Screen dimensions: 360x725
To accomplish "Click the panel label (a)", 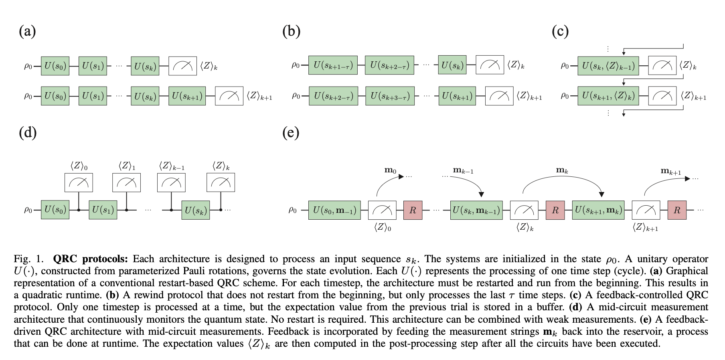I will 27,31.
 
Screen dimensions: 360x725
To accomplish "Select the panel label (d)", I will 28,132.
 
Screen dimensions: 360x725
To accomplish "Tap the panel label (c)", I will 560,31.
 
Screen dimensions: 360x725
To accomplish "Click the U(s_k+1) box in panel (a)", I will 187,96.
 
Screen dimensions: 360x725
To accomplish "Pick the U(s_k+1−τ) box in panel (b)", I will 333,65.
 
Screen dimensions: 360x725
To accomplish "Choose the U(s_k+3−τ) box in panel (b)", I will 390,96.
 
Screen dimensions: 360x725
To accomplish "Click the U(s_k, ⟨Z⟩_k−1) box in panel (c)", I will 608,66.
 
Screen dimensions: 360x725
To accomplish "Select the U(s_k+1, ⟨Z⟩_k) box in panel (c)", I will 608,96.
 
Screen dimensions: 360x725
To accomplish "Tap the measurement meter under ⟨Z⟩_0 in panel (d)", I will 79,183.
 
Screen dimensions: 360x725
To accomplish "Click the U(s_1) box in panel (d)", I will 103,210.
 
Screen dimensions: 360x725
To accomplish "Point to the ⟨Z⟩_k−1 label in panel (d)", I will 172,166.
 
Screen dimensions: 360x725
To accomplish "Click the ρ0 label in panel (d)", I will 28,210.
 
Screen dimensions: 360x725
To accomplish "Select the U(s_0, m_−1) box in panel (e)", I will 334,210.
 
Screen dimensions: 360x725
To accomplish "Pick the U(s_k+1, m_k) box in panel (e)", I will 598,210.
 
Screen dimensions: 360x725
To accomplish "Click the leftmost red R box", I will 413,210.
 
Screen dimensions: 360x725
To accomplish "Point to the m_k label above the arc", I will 562,170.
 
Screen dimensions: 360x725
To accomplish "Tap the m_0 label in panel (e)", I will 390,170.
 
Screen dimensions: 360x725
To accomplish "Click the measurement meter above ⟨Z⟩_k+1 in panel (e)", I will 646,210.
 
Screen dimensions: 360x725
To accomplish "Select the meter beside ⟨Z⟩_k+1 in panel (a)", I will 229,96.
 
